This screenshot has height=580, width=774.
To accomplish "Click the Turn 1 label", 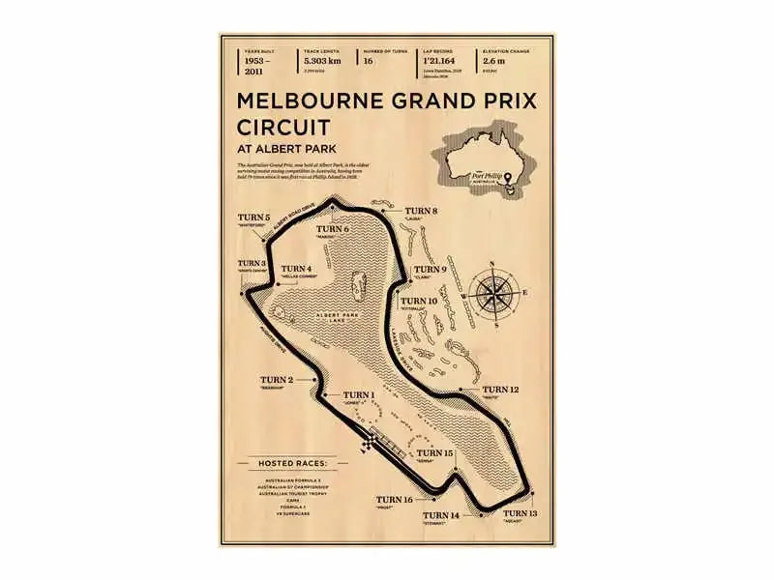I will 359,395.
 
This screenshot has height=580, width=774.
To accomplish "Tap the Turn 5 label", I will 253,218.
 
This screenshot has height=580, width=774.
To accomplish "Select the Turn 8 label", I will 421,211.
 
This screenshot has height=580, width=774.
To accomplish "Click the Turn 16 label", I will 395,500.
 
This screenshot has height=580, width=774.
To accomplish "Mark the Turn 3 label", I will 251,263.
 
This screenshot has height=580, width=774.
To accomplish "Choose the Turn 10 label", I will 419,302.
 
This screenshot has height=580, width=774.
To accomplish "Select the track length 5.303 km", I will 321,60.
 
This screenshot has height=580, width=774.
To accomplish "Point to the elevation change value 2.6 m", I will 493,60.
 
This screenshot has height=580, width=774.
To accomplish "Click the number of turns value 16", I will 367,60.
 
